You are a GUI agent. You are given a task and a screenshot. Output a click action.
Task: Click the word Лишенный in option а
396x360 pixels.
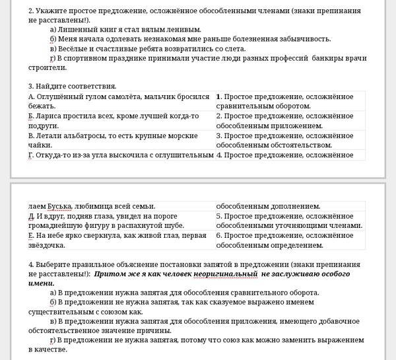click(x=79, y=30)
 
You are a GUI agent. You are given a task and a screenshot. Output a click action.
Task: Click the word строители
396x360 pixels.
click(x=48, y=67)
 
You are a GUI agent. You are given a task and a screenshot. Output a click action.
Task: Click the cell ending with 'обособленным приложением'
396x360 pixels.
click(x=290, y=121)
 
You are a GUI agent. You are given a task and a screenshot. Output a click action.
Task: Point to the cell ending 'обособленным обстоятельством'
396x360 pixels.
click(x=290, y=140)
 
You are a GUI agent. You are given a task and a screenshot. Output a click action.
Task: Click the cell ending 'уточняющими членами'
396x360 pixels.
click(x=290, y=221)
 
